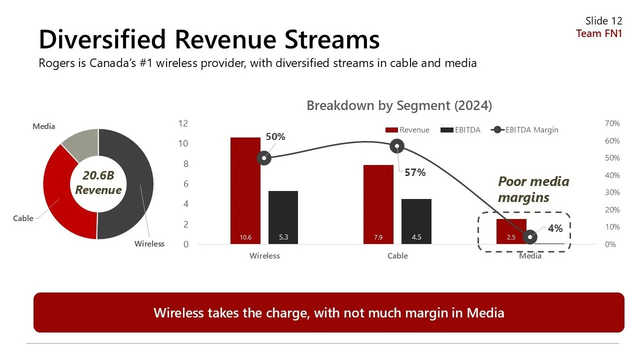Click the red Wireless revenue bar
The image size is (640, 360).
click(245, 190)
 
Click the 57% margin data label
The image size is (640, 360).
click(415, 172)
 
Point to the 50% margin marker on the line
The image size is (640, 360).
click(264, 158)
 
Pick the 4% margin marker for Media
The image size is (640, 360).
click(530, 237)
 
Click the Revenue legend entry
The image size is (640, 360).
click(407, 130)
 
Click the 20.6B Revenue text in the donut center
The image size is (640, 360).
click(98, 183)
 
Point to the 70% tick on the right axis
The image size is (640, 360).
click(612, 123)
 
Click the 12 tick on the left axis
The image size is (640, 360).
click(183, 123)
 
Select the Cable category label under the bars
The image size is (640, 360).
click(397, 256)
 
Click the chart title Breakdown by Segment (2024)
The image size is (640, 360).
click(399, 106)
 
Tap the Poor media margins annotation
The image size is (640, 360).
click(533, 189)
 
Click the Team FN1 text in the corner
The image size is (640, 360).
click(599, 33)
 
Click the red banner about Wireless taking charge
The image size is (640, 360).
click(328, 312)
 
